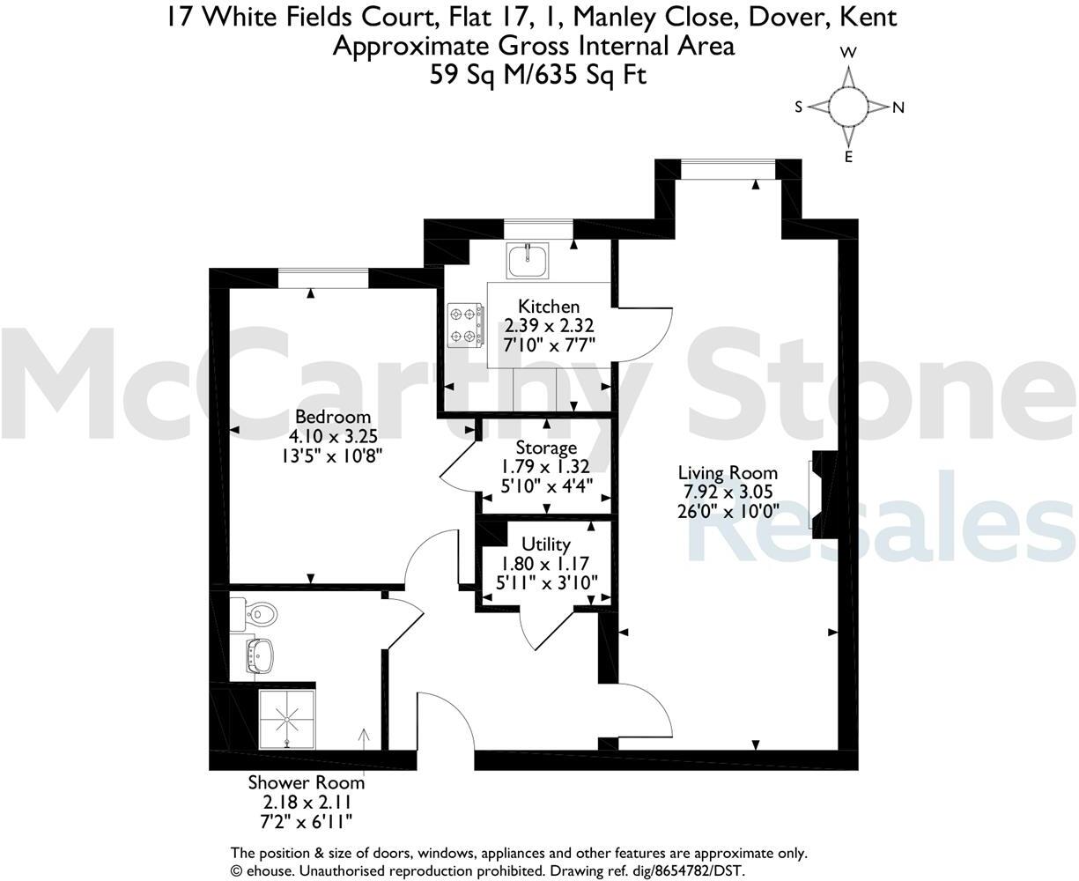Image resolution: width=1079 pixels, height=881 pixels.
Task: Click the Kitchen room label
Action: (549, 307)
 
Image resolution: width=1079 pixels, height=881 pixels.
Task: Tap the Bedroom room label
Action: (333, 417)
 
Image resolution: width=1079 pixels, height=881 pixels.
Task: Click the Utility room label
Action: (546, 544)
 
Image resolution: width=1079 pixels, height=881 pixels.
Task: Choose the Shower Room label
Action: (306, 782)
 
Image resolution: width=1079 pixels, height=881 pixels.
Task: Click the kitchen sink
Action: (528, 256)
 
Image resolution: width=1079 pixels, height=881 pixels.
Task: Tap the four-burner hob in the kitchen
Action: (465, 324)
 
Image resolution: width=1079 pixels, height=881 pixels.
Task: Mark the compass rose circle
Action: (849, 107)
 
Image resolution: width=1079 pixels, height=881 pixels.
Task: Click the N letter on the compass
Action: (898, 108)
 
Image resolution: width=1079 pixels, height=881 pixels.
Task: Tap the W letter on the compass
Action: (848, 53)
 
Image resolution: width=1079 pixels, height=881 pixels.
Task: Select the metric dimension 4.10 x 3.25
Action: (333, 436)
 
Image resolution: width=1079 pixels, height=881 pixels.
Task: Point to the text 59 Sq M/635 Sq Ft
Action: (538, 75)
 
